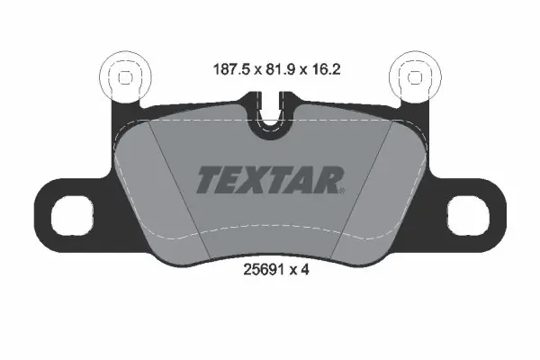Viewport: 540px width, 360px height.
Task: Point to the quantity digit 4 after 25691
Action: pos(305,269)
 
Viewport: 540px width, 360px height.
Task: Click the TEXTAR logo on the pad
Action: pos(270,179)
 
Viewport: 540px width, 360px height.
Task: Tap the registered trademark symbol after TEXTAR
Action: pos(342,191)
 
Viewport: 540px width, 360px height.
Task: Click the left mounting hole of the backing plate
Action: pos(72,214)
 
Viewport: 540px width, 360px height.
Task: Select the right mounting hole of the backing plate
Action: pos(468,214)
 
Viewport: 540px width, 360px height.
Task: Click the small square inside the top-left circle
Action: pos(125,77)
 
